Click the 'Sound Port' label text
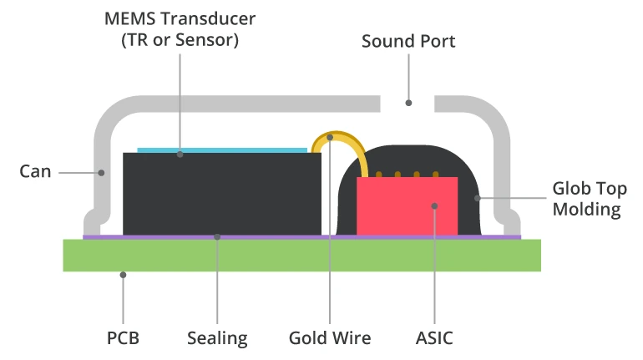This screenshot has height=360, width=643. tap(408, 41)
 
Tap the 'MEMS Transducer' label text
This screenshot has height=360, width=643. tap(179, 18)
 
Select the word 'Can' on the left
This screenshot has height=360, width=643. tap(35, 172)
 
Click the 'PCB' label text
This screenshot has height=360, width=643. tap(123, 338)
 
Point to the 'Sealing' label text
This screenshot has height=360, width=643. tap(217, 338)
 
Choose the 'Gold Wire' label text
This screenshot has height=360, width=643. tap(330, 338)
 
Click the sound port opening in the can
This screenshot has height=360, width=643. tap(408, 103)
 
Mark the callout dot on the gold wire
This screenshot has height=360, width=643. tap(330, 137)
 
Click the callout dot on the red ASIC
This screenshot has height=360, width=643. tap(434, 205)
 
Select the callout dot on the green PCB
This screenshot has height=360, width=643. tap(123, 273)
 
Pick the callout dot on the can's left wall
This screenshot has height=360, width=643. tap(102, 173)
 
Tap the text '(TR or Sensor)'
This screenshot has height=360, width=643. tap(179, 39)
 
